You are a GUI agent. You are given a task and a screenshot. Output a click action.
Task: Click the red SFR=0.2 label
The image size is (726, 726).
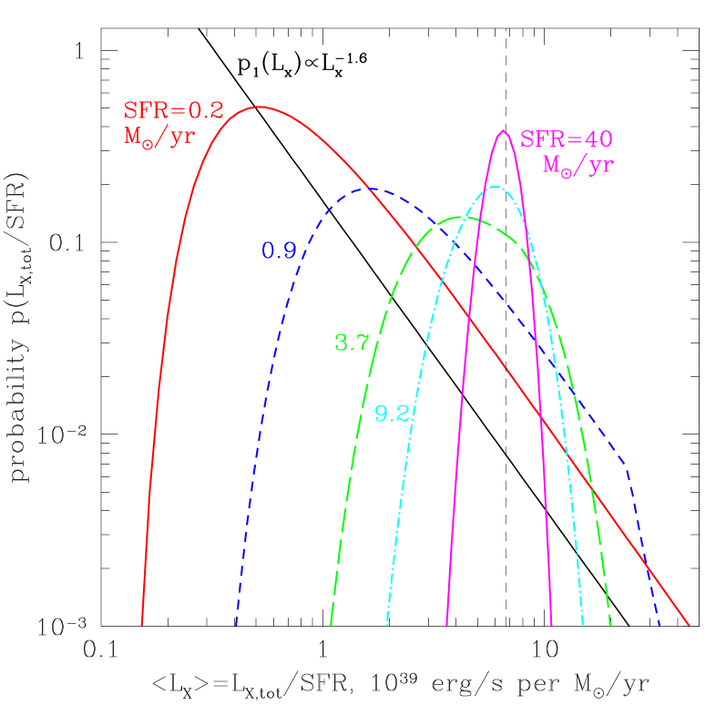tap(173, 111)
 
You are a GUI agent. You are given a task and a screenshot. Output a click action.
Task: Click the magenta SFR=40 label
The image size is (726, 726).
tap(566, 140)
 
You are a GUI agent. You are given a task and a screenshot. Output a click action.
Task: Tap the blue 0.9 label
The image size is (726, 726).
tap(279, 251)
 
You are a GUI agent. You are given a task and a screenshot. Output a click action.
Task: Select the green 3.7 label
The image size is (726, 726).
tap(352, 343)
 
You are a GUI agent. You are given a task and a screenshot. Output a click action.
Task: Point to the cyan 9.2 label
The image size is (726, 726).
tap(393, 414)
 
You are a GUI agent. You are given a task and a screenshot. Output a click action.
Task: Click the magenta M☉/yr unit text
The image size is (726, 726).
tap(578, 166)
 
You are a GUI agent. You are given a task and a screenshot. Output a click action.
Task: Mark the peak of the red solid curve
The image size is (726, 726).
tap(260, 107)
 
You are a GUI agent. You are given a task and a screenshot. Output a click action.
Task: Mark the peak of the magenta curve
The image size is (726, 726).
tap(503, 131)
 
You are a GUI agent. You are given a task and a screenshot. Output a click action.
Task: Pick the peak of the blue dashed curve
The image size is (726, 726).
tap(372, 189)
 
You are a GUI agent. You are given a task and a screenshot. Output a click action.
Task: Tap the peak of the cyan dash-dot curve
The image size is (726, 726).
tap(495, 187)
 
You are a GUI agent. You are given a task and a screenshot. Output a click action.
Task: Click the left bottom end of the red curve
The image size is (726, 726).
tap(142, 625)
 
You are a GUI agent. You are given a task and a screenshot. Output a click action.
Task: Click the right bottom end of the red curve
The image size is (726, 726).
tap(689, 625)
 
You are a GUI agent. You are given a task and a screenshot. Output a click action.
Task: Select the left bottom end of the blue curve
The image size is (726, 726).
tap(236, 625)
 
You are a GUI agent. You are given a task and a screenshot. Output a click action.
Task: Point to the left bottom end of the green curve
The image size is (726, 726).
tap(331, 625)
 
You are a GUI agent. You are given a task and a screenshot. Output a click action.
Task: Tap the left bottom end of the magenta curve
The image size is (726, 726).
tap(446, 625)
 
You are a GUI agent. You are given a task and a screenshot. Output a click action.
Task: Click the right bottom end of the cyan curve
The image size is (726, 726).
tap(582, 625)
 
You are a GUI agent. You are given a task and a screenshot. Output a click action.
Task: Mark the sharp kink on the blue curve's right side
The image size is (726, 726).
tap(628, 468)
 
